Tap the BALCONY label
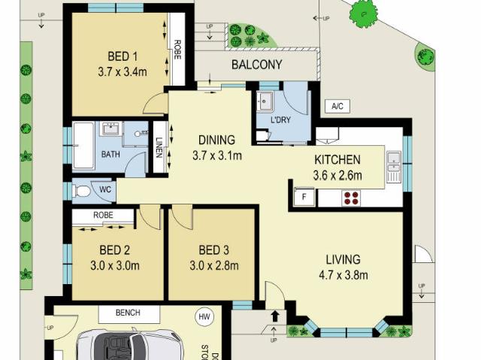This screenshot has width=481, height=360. (x=256, y=65)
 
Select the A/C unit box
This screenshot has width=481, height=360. (x=337, y=107)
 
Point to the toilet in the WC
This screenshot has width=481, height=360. (x=82, y=192)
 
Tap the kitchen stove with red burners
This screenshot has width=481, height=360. (x=351, y=198)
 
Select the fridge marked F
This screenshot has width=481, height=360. (x=304, y=198)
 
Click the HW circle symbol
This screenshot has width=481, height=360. (x=204, y=317)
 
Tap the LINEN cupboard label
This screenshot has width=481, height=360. (x=159, y=149)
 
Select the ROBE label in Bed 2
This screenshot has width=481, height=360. (x=104, y=215)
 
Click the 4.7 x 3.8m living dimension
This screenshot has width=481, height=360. (x=343, y=275)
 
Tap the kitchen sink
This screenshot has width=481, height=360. (x=393, y=166)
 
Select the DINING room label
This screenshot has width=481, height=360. (x=216, y=140)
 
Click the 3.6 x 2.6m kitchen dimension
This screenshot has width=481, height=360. (x=337, y=177)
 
